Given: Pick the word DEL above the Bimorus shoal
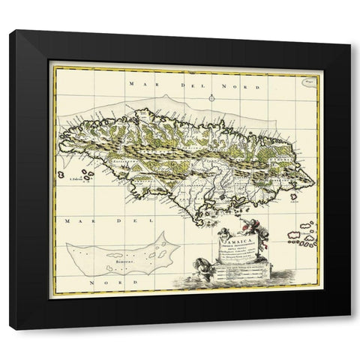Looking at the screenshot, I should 118,221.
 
